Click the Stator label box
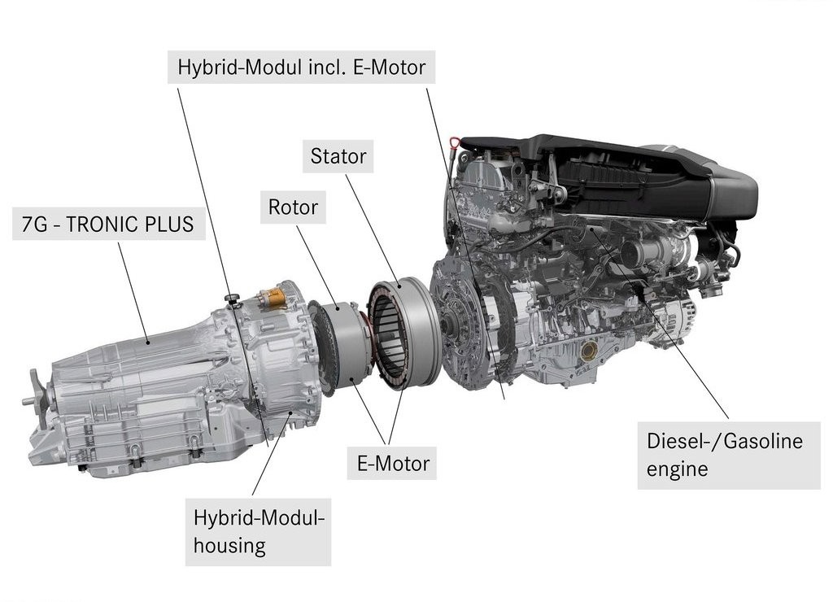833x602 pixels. tap(338, 156)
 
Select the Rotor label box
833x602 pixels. tap(293, 207)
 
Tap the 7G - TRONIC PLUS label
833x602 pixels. tap(108, 225)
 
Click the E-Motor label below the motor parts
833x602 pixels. tap(392, 464)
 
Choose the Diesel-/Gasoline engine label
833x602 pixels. tap(729, 456)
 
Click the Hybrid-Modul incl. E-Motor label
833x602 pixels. tap(301, 67)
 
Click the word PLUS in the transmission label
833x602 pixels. tap(172, 225)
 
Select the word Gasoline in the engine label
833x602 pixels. tap(763, 441)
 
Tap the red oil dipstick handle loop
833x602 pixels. tap(454, 143)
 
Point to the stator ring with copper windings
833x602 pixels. tap(403, 334)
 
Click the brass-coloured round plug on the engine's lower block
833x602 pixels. tap(589, 351)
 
